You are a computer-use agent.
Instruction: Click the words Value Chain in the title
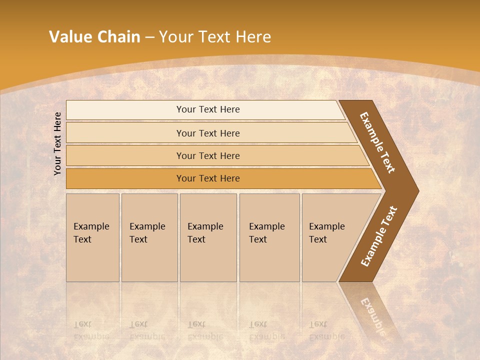pyautogui.click(x=94, y=36)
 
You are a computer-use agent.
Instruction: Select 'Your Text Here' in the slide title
pyautogui.click(x=215, y=36)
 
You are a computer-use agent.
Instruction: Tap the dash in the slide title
pyautogui.click(x=149, y=37)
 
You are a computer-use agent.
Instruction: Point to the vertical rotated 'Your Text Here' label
pyautogui.click(x=57, y=143)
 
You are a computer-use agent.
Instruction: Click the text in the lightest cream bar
pyautogui.click(x=208, y=109)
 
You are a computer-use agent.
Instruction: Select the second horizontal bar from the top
pyautogui.click(x=208, y=133)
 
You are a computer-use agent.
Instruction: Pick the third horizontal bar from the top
pyautogui.click(x=208, y=155)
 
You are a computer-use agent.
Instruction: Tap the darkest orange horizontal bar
pyautogui.click(x=208, y=178)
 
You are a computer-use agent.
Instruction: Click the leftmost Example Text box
pyautogui.click(x=92, y=237)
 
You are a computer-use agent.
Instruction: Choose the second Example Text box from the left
pyautogui.click(x=149, y=237)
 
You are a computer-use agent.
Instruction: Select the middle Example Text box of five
pyautogui.click(x=207, y=237)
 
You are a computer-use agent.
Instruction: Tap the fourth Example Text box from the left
pyautogui.click(x=269, y=237)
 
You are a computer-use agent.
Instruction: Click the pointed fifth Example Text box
pyautogui.click(x=330, y=237)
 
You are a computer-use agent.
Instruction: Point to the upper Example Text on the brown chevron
pyautogui.click(x=378, y=143)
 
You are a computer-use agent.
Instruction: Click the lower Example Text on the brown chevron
pyautogui.click(x=378, y=236)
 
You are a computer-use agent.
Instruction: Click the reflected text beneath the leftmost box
pyautogui.click(x=91, y=330)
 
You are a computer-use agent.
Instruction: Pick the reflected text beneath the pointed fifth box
pyautogui.click(x=326, y=330)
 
